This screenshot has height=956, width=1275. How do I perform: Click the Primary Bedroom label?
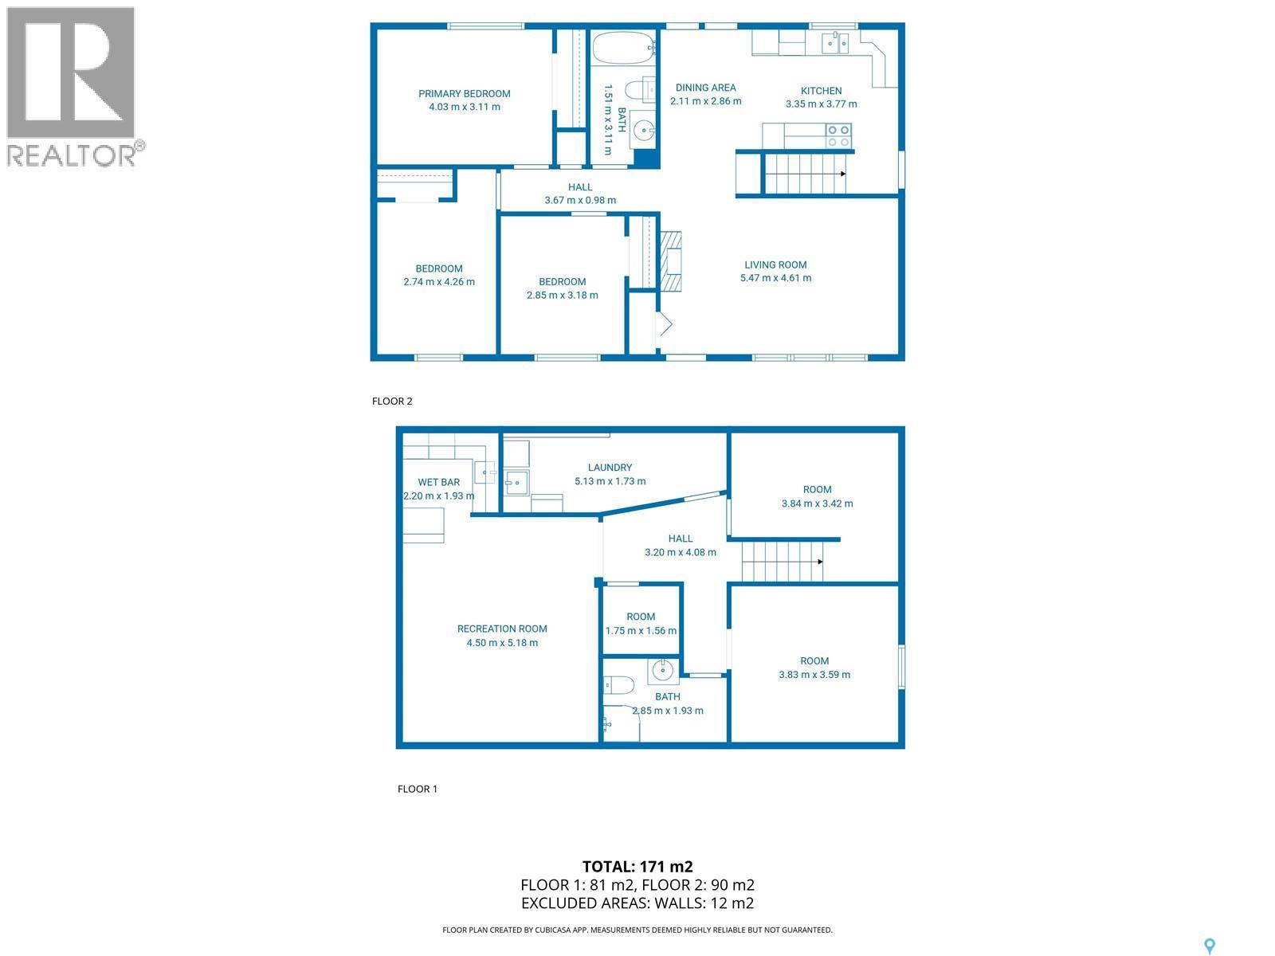pos(465,94)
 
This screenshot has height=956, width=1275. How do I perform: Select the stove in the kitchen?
pos(838,136)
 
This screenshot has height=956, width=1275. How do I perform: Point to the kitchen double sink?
pos(836,42)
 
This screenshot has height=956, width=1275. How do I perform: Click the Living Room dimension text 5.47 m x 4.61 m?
pos(775,278)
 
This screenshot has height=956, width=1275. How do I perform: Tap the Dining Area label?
pos(705,88)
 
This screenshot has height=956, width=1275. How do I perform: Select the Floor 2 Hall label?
pos(580,187)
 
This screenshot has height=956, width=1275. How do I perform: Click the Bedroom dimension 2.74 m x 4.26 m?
pos(439,281)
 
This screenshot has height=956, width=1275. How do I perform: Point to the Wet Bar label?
pos(439,482)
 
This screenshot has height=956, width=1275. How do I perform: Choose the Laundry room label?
pos(610,468)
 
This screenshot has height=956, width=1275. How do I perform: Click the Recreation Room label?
pos(502,629)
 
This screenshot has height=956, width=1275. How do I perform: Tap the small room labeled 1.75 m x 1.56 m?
pos(641,623)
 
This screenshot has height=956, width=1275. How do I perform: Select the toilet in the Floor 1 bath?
pos(618,684)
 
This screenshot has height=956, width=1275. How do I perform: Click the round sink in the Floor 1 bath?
pos(663,672)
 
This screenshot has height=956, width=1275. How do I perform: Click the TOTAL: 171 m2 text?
pos(637,867)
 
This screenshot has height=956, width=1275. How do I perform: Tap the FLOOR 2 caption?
pos(392,401)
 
